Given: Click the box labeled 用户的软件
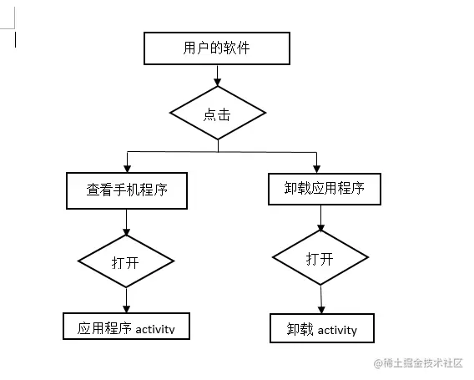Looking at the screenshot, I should point(217,48).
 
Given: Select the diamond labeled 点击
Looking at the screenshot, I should point(218,114).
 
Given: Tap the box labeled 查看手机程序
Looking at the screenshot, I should point(126,190).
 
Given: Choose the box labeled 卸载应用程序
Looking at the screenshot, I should point(318,188).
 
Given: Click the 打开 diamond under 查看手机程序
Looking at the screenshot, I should point(126,261).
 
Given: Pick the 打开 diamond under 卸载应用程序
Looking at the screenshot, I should point(320,258).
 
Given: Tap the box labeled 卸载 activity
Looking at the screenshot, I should point(321,329).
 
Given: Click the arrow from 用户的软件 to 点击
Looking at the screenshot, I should point(218,75).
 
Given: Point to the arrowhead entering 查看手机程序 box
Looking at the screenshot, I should point(126,167).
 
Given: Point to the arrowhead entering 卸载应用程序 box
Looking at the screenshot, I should point(316,167).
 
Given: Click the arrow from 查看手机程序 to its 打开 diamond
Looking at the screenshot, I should point(126,222).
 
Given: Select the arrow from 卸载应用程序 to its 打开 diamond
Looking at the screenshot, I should point(320,217).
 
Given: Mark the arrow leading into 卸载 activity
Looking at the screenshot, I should point(321,298).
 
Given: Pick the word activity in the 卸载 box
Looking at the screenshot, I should point(337,330).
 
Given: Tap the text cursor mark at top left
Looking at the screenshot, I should point(15,38).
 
